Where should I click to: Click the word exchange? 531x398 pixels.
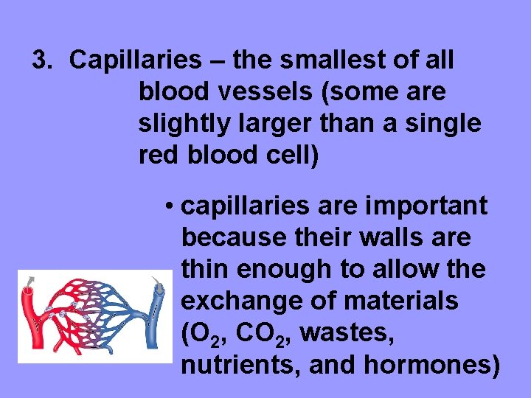coord(237,301)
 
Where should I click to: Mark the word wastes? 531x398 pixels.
coord(347,334)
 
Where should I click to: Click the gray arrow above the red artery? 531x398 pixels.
coord(29,279)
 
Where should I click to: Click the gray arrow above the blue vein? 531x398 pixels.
coord(156,281)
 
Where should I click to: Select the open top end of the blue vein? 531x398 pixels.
coord(159,291)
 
